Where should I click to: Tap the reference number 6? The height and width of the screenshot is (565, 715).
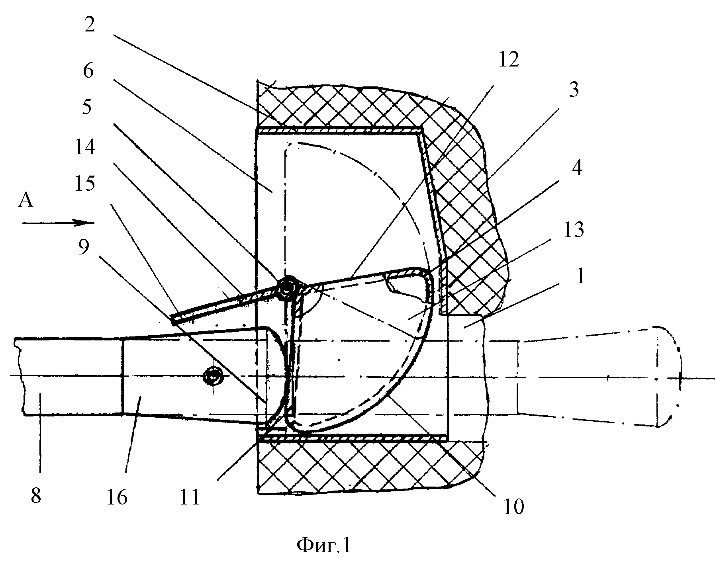pyautogui.click(x=88, y=71)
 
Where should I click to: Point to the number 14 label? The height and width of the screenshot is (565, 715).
pyautogui.click(x=85, y=148)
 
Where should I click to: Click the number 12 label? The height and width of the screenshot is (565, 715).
pyautogui.click(x=509, y=60)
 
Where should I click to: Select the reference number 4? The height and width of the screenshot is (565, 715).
pyautogui.click(x=577, y=168)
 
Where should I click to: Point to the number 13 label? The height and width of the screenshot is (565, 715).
pyautogui.click(x=574, y=230)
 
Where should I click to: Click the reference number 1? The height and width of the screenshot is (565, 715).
pyautogui.click(x=580, y=276)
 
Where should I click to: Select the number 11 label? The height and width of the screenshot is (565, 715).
pyautogui.click(x=189, y=497)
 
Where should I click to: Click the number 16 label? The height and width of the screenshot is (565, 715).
pyautogui.click(x=117, y=497)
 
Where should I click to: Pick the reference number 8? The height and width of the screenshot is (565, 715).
pyautogui.click(x=35, y=497)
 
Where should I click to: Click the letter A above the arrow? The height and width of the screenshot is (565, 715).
pyautogui.click(x=26, y=201)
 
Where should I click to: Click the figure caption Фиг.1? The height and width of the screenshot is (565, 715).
pyautogui.click(x=324, y=545)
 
